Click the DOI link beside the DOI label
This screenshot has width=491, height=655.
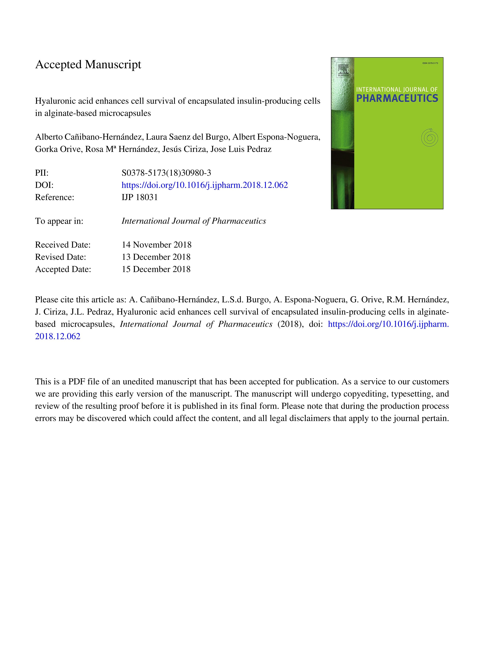(x=205, y=185)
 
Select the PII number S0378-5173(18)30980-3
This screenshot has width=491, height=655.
(x=166, y=173)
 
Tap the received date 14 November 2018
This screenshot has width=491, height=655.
(x=156, y=245)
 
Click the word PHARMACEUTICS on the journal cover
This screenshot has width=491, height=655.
(x=397, y=98)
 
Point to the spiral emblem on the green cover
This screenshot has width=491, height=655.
(x=429, y=138)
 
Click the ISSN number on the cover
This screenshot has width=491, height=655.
(x=430, y=63)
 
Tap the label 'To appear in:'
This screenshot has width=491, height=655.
(x=59, y=221)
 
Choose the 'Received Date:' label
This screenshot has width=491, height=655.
(x=63, y=245)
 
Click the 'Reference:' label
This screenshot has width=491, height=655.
(x=54, y=197)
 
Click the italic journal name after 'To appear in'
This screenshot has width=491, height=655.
(x=194, y=221)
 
